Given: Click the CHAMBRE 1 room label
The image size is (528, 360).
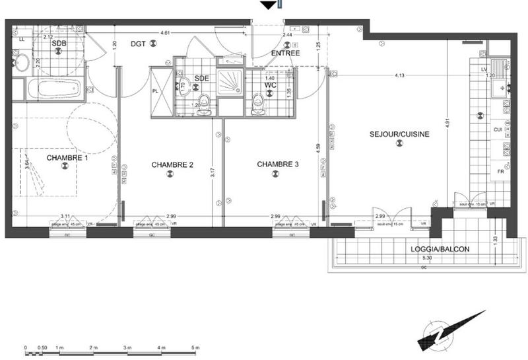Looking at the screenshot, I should point(67,158).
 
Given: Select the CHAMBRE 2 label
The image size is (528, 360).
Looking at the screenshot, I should point(172,164).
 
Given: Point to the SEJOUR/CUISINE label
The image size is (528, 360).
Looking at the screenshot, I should point(399,134).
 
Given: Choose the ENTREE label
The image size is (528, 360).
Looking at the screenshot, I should point(286,53).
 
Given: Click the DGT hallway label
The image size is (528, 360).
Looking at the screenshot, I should point(138,44).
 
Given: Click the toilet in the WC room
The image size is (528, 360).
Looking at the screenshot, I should point(258,102).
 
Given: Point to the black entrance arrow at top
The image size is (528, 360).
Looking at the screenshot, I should point(267,5).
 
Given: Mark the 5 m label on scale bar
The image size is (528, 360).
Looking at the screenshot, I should point(195,347).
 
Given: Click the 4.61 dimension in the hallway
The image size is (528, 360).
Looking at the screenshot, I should point(170,32).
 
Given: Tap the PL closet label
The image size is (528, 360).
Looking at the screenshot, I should point(156,91).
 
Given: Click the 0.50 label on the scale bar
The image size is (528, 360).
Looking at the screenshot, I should point(42,347).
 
